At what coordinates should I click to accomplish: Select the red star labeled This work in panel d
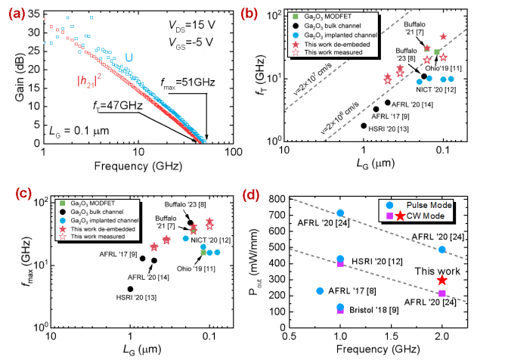(441, 280)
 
